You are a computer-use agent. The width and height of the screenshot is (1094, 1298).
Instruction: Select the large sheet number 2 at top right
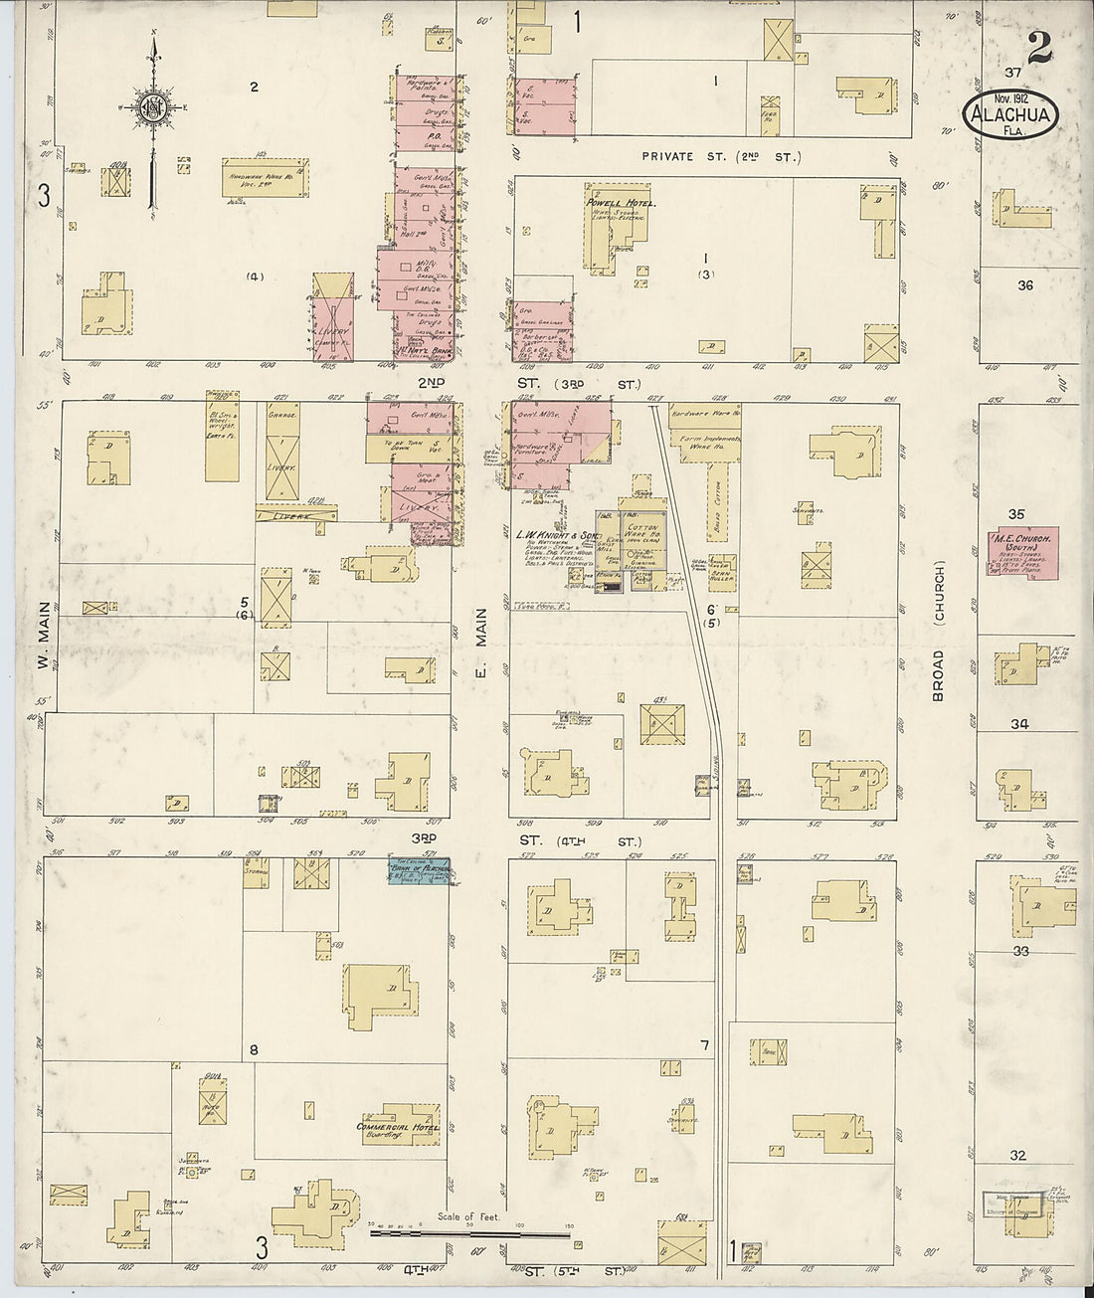pyautogui.click(x=1040, y=47)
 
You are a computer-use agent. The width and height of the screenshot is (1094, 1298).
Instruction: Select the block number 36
pyautogui.click(x=1025, y=285)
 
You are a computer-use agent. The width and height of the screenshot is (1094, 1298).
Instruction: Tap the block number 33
pyautogui.click(x=1019, y=951)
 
